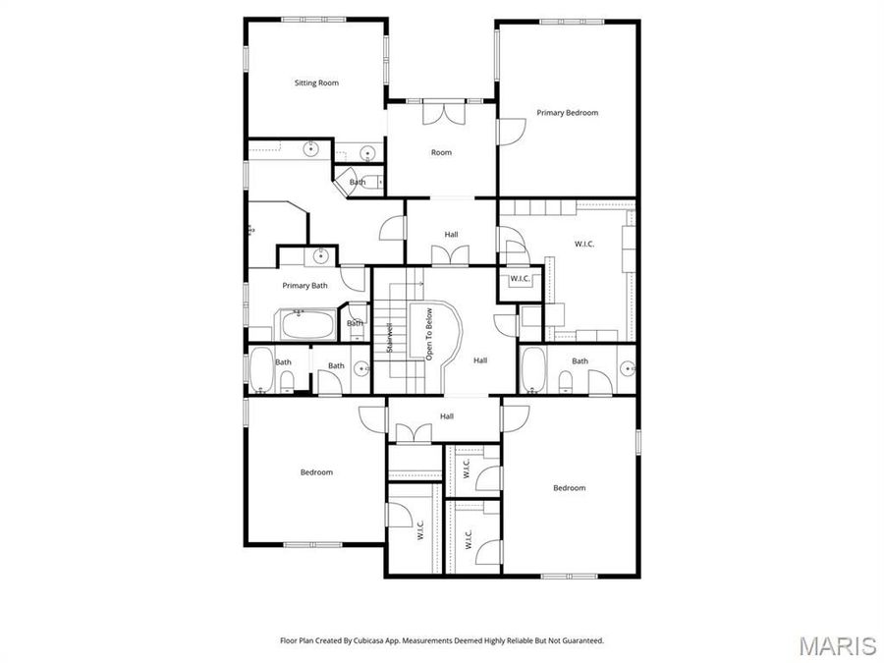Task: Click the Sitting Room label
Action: [x=316, y=83]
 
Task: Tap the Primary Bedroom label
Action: [x=567, y=113]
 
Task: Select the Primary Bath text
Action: [x=304, y=286]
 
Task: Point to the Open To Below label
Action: [x=429, y=334]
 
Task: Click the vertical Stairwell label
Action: [x=390, y=338]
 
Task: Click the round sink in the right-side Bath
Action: [x=627, y=370]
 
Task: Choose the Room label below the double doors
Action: [x=442, y=152]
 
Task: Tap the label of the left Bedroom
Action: [x=316, y=472]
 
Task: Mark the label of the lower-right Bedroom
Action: [x=569, y=488]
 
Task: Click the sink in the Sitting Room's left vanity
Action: [x=310, y=150]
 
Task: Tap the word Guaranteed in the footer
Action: [x=581, y=640]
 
